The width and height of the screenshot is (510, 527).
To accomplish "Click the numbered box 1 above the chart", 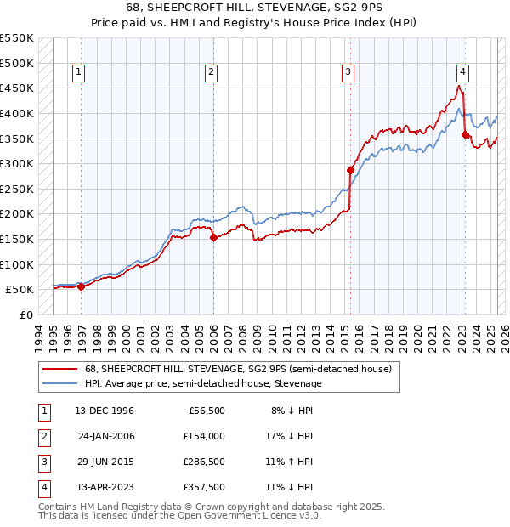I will [x=78, y=73].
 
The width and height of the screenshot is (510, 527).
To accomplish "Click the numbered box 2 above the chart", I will [x=210, y=73].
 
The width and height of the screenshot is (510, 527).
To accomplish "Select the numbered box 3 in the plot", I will [x=348, y=73].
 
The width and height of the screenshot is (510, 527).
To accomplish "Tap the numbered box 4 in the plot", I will [x=462, y=73].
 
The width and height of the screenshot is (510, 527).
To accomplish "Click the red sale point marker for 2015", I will [x=350, y=170].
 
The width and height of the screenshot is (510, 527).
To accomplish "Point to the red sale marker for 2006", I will [x=213, y=237].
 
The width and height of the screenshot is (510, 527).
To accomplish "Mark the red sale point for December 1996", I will [x=82, y=286].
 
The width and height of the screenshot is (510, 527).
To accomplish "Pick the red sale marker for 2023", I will [x=465, y=134].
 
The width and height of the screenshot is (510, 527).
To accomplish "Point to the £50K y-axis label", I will [x=20, y=289].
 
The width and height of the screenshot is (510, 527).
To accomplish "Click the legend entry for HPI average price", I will [x=202, y=383].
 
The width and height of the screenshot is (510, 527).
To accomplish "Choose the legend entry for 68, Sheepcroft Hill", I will [x=238, y=369].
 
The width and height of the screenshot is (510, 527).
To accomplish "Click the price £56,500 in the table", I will [x=207, y=411].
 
